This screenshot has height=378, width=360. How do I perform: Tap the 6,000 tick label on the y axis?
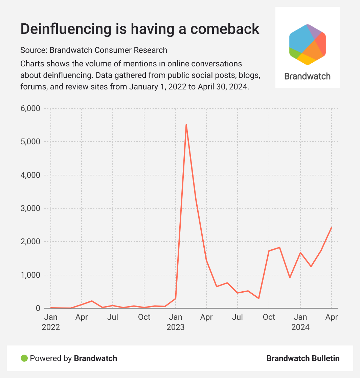click(31, 109)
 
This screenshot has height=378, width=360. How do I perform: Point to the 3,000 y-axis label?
click(31, 208)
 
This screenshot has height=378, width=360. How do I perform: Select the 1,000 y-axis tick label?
click(31, 275)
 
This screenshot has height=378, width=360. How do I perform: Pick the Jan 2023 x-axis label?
click(175, 322)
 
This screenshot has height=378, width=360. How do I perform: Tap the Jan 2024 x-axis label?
click(300, 322)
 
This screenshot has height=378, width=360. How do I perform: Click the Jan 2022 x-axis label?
click(51, 322)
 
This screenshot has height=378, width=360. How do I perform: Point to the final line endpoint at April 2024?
click(332, 227)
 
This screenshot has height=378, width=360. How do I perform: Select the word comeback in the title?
click(225, 29)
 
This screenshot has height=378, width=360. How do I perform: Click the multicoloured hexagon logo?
click(307, 44)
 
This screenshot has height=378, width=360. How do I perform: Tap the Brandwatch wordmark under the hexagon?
click(307, 76)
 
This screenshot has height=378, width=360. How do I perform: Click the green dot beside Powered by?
click(24, 358)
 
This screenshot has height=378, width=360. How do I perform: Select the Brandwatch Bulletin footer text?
click(303, 358)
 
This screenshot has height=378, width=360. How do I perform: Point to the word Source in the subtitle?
click(33, 50)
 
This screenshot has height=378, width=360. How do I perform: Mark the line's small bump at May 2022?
click(92, 301)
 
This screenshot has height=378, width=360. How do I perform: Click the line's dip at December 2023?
click(290, 277)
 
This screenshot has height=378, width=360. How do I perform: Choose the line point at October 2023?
click(269, 251)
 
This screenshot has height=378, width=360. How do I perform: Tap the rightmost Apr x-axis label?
click(331, 317)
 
